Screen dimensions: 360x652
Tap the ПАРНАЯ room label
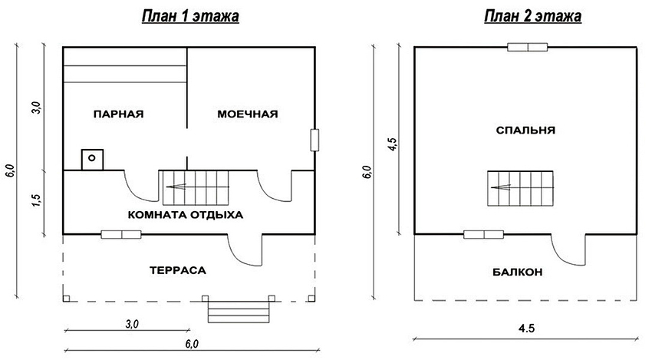coord(118,114)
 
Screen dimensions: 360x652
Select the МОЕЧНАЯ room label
coord(247,114)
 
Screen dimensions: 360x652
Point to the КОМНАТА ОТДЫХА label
coord(186,215)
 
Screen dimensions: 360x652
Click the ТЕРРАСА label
coord(178,270)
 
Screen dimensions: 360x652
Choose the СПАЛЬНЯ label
coord(525,130)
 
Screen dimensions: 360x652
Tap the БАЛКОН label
coord(519,272)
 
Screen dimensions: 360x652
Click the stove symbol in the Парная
coord(92,158)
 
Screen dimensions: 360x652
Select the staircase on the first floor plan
coord(195,187)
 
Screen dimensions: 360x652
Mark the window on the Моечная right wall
coord(314,140)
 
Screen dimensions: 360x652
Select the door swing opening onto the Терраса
coord(245,249)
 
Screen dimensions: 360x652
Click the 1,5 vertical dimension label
coord(35,201)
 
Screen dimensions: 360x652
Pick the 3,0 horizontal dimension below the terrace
coord(130,324)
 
